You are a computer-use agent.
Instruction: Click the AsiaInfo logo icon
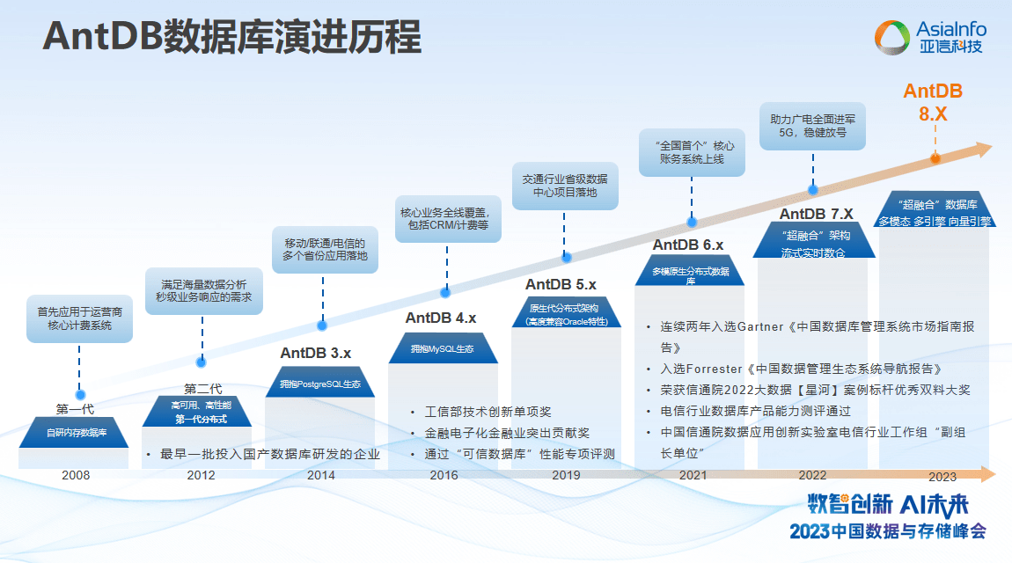[x=892, y=37]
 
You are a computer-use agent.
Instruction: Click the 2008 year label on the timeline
[x=76, y=475]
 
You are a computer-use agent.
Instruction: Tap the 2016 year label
[x=444, y=475]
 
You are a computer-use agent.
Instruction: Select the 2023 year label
[x=942, y=477]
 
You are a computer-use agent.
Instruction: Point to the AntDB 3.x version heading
[x=316, y=353]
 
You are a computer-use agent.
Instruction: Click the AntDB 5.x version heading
[x=561, y=284]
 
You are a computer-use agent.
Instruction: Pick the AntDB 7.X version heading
[x=816, y=214]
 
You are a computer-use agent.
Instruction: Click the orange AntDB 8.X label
[x=933, y=103]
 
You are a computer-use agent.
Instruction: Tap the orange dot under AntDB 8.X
[x=935, y=159]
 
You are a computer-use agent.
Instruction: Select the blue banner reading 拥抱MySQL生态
[x=442, y=349]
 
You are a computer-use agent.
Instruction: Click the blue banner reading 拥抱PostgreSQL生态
[x=320, y=384]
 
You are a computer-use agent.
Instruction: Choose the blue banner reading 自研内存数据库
[x=77, y=432]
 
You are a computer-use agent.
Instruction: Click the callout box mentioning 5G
[x=812, y=125]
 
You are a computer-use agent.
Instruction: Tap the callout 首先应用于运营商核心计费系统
[x=80, y=318]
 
